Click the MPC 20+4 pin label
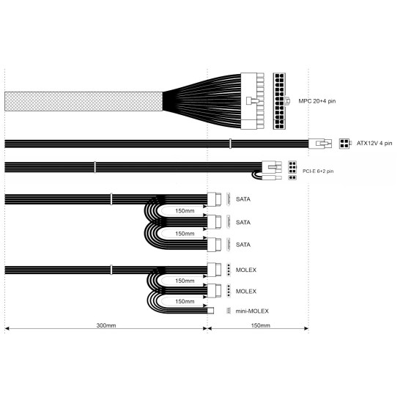tap(317, 101)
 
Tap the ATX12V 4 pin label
tap(374, 143)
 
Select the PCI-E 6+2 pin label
tap(318, 171)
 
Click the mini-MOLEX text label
tap(252, 311)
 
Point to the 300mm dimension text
tap(106, 325)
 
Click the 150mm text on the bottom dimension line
tap(260, 325)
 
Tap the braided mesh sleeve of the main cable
tap(84, 101)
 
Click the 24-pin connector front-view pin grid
tap(279, 101)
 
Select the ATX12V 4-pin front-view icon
tap(344, 144)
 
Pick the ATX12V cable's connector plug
tap(320, 144)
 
